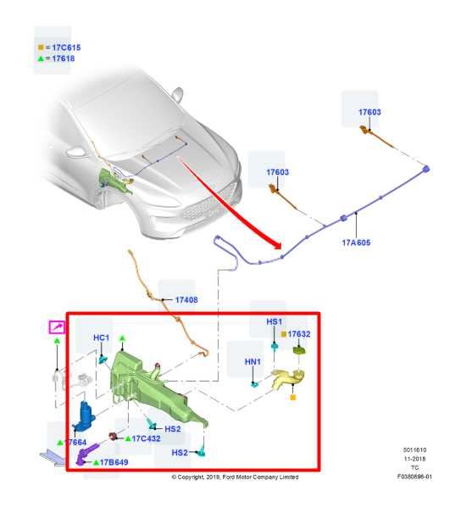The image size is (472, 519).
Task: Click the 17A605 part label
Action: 356,243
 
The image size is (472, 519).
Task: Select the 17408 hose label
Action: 186,300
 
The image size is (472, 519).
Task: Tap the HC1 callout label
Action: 101,338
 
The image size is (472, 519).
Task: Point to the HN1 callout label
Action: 253,362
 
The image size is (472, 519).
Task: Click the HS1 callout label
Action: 275,321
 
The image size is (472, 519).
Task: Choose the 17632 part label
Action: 299,334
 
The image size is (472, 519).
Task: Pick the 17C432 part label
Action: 146,438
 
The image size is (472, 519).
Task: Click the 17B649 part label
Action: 114,462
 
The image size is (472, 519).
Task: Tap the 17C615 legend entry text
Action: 66,47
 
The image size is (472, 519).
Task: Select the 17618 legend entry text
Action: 64,59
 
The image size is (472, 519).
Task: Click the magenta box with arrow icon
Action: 58,327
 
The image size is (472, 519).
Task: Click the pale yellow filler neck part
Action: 288,378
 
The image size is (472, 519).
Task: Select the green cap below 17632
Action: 299,350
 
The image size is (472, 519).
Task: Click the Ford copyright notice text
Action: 235,477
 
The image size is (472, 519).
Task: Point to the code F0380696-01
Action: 414,477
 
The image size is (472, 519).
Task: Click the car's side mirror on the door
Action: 178,95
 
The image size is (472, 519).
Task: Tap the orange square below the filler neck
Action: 292,397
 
